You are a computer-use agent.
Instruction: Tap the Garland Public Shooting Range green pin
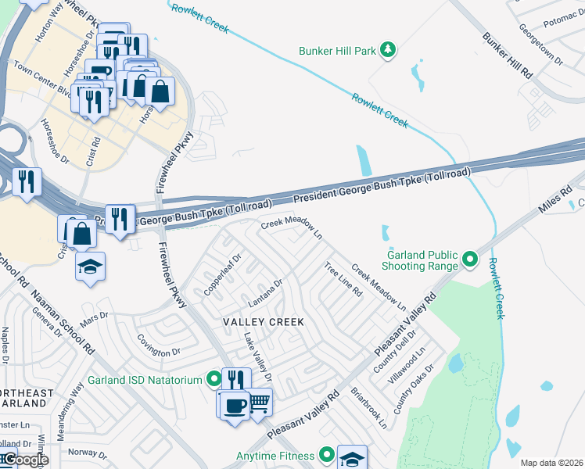coord(469,258)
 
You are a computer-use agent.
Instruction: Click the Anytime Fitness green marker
coord(327,455)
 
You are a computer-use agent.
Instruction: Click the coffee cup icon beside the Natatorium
coord(235,405)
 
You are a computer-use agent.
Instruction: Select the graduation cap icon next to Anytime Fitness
coord(352,459)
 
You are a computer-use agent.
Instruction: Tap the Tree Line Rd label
coord(343,280)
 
